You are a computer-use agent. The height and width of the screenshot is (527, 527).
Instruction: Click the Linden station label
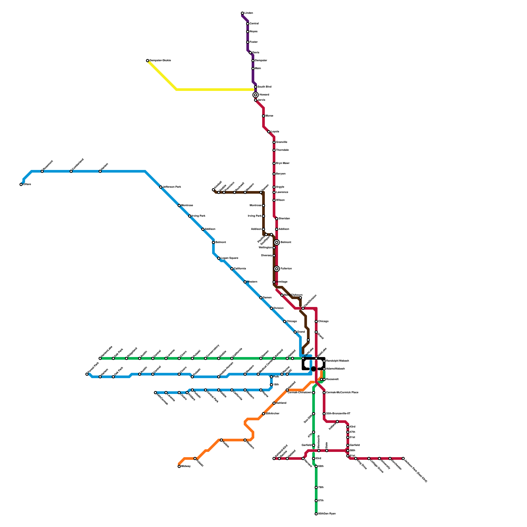click(x=249, y=13)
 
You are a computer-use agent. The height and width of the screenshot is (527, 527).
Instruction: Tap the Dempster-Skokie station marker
click(x=148, y=61)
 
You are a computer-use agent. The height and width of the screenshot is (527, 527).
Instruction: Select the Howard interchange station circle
click(x=256, y=95)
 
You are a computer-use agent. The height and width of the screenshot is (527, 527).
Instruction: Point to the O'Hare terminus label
click(x=27, y=184)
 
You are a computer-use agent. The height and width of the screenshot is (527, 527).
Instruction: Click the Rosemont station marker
click(x=42, y=171)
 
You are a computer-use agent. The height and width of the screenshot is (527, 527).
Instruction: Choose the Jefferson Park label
click(x=172, y=187)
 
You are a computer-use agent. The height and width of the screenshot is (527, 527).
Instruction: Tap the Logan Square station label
click(x=229, y=258)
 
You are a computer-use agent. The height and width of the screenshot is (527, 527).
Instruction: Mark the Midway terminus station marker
click(x=179, y=466)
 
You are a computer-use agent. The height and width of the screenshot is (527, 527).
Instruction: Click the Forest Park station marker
click(x=87, y=374)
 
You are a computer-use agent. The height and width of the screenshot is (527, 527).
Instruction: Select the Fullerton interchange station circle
click(x=277, y=269)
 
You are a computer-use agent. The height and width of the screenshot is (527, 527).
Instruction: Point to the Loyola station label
click(x=275, y=132)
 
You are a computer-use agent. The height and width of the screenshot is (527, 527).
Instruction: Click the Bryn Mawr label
click(x=283, y=163)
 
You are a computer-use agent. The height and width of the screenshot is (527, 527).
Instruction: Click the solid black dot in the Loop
click(x=314, y=369)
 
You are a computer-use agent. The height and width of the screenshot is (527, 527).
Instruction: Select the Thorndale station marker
click(x=274, y=150)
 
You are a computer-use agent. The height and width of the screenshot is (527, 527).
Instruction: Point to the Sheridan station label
click(x=284, y=219)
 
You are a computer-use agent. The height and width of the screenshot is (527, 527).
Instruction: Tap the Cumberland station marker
click(x=71, y=171)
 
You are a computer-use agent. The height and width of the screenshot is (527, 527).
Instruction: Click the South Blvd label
click(x=264, y=87)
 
